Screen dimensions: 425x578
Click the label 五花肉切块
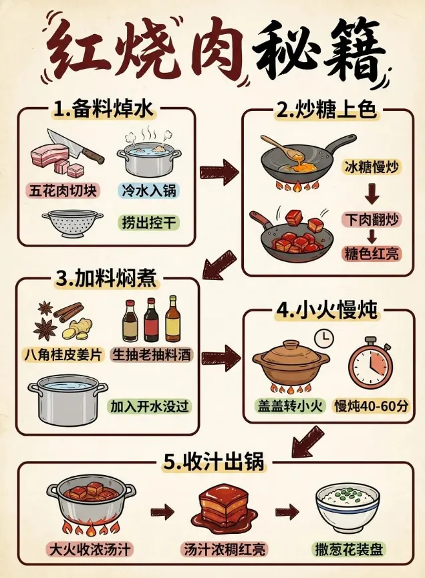63,190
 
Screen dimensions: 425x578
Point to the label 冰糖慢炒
372,167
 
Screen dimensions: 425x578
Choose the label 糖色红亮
372,255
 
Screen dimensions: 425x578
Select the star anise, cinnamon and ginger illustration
61,320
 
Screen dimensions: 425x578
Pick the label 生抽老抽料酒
152,355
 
